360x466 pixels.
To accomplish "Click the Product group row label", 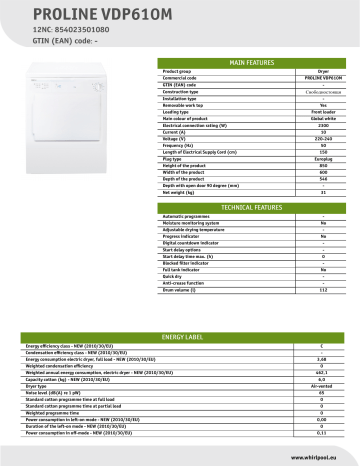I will (178, 73).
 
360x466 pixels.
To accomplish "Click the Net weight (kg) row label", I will (180, 193).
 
